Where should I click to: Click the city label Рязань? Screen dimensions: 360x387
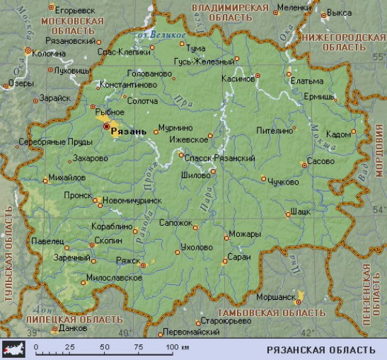[129, 132]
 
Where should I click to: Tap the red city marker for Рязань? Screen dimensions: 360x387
[108, 127]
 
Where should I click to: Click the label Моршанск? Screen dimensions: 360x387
[277, 296]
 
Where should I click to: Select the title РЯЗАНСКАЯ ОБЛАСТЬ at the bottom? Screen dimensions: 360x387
[320, 349]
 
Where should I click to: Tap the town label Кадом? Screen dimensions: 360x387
[337, 134]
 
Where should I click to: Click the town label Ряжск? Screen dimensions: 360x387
[128, 260]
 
